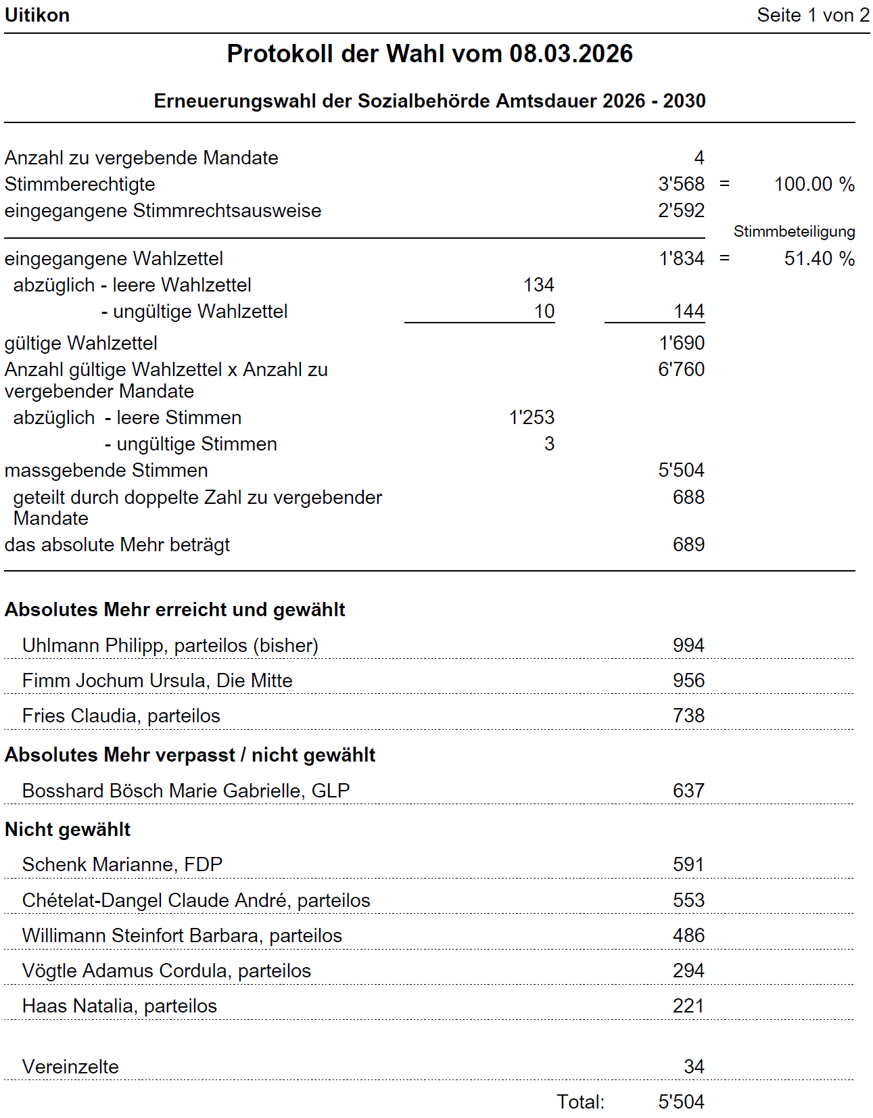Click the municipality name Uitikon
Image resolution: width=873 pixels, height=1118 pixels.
(37, 15)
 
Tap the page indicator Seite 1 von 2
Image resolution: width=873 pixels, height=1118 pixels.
(813, 15)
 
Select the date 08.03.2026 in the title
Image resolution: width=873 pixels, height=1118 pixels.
(571, 54)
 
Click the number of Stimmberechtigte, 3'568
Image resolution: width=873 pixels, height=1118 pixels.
(681, 184)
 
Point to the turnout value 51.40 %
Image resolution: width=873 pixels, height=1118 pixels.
(819, 258)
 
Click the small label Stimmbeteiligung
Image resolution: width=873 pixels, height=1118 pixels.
(794, 231)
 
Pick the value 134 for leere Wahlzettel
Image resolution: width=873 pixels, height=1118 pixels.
(538, 285)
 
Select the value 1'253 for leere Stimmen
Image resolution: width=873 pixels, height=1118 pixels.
(532, 417)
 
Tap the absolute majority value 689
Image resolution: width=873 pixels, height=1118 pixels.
(688, 544)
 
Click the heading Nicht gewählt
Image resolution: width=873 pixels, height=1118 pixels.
(68, 829)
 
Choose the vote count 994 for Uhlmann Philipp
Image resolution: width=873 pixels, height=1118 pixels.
(688, 645)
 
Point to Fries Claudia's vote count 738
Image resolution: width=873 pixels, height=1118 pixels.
(688, 716)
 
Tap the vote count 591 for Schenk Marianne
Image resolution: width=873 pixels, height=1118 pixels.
(688, 864)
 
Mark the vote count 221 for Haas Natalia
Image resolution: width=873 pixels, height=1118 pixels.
(688, 1006)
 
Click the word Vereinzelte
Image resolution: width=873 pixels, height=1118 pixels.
(70, 1067)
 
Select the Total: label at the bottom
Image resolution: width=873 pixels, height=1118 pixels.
(580, 1102)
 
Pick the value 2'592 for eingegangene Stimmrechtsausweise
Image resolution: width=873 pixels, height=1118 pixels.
(681, 210)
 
